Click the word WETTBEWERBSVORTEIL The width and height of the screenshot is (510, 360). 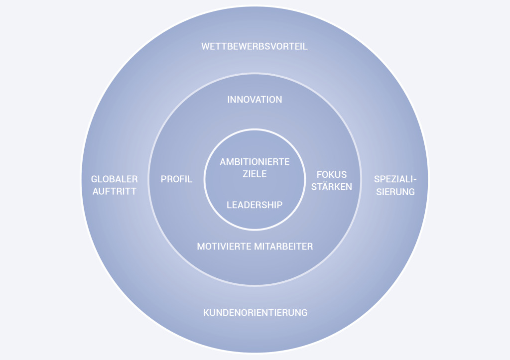click(x=255, y=47)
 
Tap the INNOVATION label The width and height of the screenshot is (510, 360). click(x=255, y=100)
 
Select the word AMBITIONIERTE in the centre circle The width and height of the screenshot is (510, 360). click(x=255, y=162)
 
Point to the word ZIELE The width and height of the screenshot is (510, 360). click(x=255, y=174)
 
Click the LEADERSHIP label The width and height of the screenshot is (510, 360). click(x=255, y=205)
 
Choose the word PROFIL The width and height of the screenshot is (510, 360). click(x=176, y=179)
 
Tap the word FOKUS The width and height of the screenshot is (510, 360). click(x=332, y=175)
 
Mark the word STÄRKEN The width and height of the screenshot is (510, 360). click(x=332, y=187)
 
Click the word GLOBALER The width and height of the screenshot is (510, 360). click(x=114, y=179)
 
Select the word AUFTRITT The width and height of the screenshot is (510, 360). click(x=114, y=191)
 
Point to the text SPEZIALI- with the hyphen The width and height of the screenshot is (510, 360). click(x=394, y=179)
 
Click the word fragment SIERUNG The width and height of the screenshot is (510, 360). click(x=394, y=192)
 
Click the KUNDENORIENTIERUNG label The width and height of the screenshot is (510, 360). click(x=255, y=313)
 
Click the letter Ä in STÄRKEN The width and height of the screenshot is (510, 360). click(x=325, y=187)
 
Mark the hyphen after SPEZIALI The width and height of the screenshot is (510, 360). click(x=413, y=180)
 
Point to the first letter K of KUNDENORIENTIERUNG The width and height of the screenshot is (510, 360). click(x=206, y=313)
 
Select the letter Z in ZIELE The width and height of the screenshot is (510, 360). click(x=245, y=174)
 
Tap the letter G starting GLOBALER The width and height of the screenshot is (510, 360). click(x=94, y=179)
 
